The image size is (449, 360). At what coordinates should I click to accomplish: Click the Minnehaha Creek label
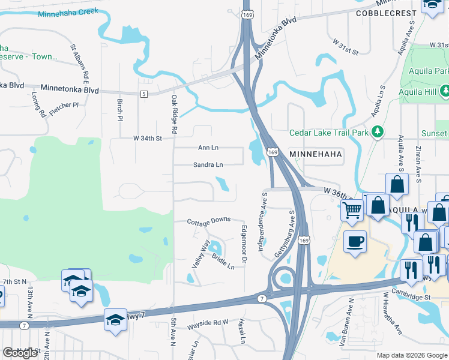68,12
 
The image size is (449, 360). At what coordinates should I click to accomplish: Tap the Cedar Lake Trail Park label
330,133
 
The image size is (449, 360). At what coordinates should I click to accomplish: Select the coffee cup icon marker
354,242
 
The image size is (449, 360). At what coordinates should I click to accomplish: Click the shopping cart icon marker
352,209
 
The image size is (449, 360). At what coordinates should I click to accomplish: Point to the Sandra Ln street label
208,164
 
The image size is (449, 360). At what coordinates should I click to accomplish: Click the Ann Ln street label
208,148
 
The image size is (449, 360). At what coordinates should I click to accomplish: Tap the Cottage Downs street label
208,221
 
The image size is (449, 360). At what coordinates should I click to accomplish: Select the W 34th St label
148,139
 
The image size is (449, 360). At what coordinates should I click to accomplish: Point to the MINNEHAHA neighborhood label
316,154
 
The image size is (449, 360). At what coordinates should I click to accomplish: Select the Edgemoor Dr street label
244,244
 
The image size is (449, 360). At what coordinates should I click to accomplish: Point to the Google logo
20,353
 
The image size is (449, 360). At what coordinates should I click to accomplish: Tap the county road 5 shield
144,94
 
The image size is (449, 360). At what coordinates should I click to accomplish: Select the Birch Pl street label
119,110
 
